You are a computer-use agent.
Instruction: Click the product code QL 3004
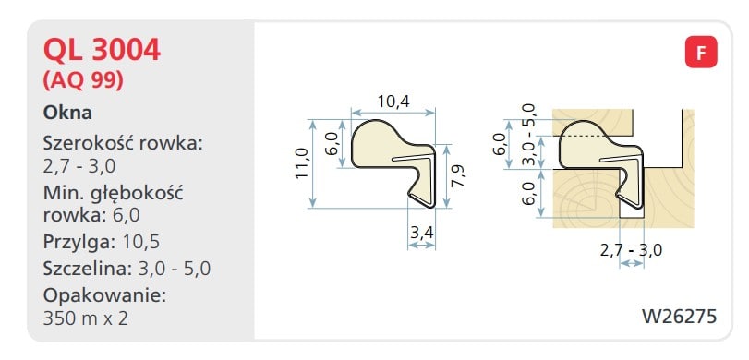click(102, 50)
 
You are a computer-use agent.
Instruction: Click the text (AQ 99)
click(84, 80)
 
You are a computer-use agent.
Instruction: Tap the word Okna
click(67, 114)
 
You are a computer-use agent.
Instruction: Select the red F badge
click(701, 52)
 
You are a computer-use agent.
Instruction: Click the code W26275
click(679, 316)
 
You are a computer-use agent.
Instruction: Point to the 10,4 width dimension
click(393, 102)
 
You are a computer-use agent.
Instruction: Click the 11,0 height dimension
click(301, 163)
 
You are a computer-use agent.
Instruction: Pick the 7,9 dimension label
click(459, 175)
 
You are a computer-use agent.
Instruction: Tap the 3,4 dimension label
click(421, 233)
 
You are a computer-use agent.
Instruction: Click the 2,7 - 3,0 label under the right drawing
click(632, 250)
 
